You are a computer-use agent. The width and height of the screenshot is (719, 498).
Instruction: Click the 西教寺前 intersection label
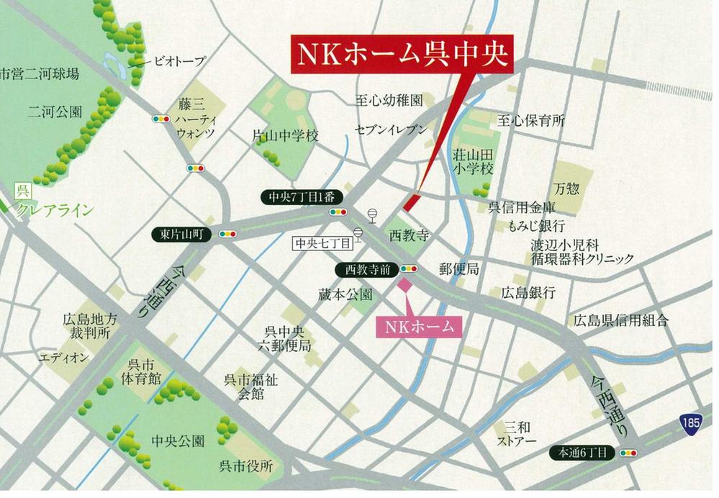pos(367,269)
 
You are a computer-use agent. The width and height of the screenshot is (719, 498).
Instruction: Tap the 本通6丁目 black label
pos(582,453)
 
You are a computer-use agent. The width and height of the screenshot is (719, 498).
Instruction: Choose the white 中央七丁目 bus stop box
pos(322,243)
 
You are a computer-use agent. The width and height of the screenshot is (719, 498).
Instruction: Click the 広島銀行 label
pos(529,292)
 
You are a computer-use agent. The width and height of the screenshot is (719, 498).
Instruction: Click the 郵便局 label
pos(458,268)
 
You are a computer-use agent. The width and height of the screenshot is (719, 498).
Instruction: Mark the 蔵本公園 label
pos(345,294)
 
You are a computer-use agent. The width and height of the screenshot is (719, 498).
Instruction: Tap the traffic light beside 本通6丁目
pos(628,453)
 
